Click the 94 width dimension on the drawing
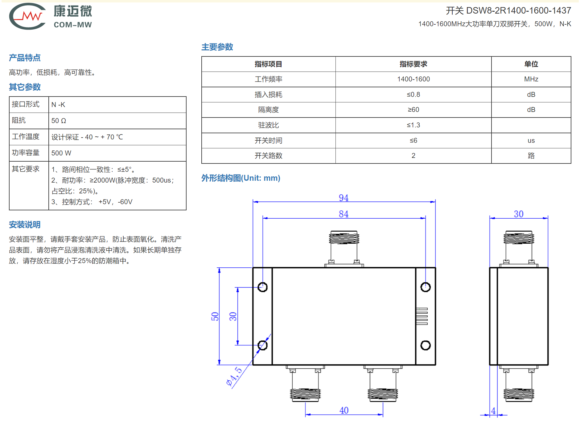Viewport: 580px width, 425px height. (343, 198)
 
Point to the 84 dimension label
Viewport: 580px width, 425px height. (343, 214)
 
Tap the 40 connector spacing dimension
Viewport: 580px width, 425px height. (344, 410)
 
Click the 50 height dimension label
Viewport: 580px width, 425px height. (215, 316)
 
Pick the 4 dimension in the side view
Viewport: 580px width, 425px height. (493, 411)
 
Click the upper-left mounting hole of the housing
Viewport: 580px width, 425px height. (262, 287)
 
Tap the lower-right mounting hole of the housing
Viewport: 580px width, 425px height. (426, 345)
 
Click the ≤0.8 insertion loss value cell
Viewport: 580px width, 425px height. (413, 95)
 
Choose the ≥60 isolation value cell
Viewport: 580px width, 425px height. (413, 110)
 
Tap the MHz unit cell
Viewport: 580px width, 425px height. (531, 79)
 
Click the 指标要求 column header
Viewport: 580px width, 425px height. (413, 64)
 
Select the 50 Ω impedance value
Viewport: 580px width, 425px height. (59, 121)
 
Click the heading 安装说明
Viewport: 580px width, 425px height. (25, 225)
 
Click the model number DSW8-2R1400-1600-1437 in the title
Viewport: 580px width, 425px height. (518, 10)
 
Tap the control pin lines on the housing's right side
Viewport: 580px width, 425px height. (422, 316)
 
